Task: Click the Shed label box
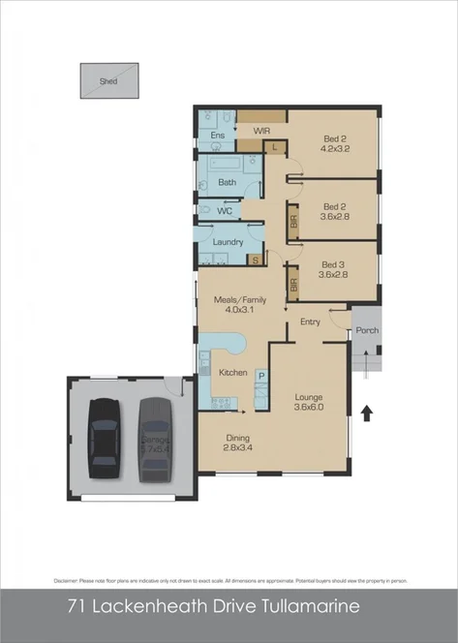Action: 108,81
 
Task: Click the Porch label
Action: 367,330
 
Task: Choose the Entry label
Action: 310,321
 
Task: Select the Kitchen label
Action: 234,373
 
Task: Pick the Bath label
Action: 227,182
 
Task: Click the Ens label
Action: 218,136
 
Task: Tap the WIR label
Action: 260,130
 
